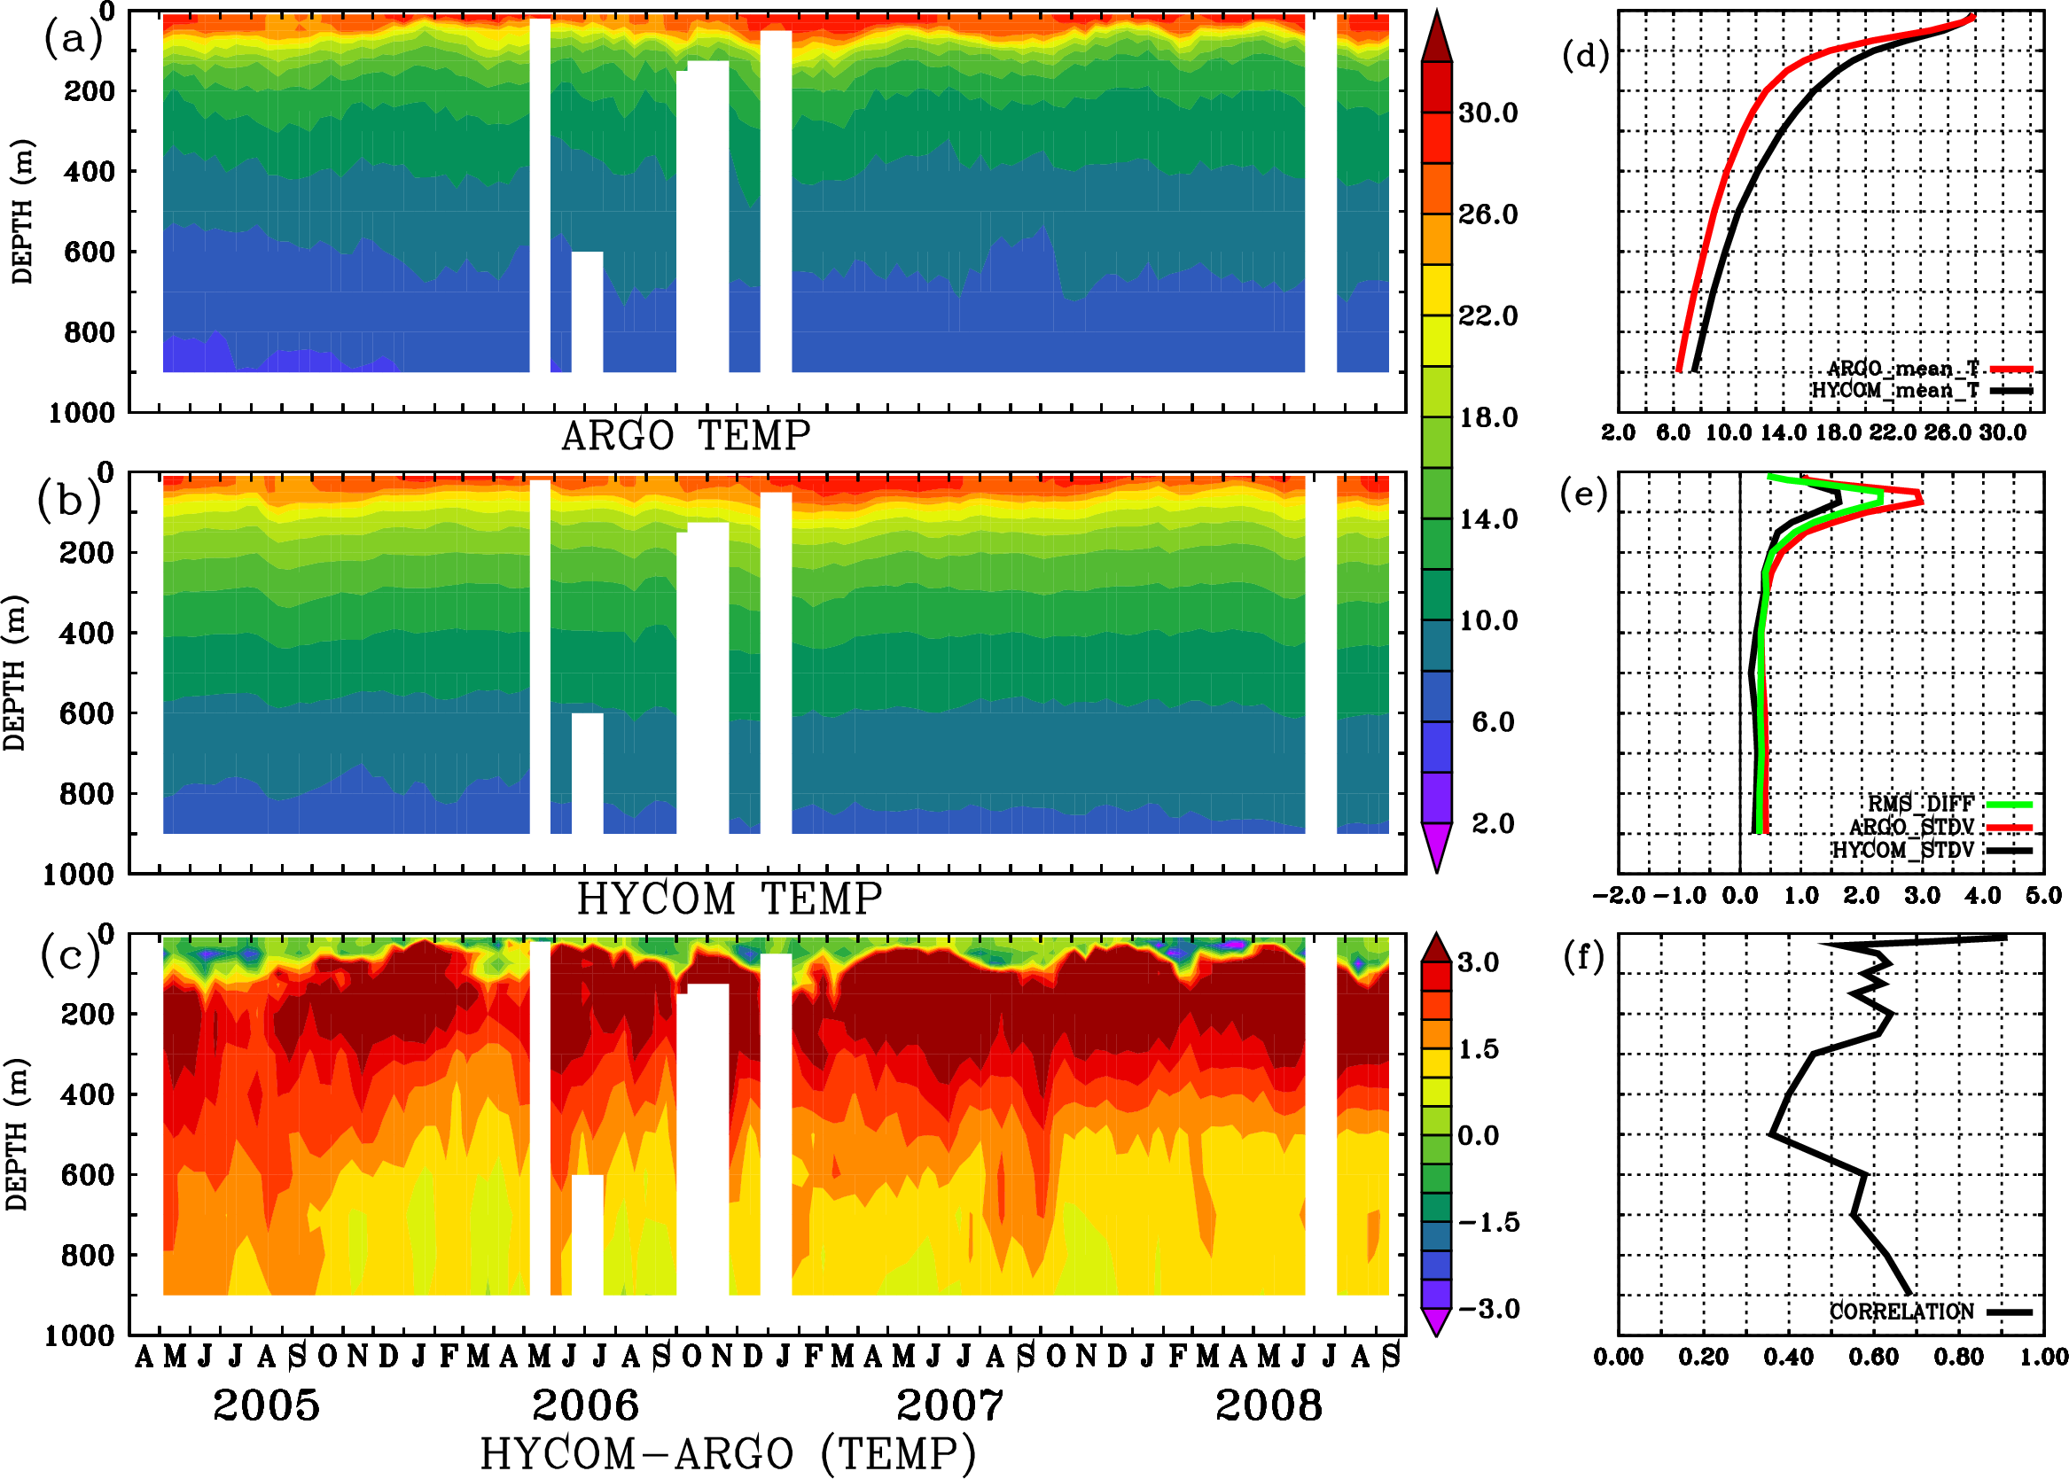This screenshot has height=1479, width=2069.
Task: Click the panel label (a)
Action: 72,38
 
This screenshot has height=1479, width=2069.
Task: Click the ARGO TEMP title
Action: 685,436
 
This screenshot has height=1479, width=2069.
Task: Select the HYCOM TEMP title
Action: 730,899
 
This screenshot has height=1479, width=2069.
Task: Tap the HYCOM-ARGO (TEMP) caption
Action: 728,1453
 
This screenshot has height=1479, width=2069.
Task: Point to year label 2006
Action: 585,1405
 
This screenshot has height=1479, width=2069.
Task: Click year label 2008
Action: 1269,1405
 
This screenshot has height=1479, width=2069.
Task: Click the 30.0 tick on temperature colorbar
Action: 1487,113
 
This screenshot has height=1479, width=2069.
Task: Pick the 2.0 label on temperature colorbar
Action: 1492,823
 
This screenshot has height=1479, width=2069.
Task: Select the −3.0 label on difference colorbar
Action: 1488,1309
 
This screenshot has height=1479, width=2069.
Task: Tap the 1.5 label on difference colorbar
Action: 1478,1049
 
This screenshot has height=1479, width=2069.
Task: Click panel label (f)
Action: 1583,957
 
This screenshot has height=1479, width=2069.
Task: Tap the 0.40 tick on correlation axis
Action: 1788,1357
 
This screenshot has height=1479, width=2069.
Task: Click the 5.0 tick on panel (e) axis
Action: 2043,895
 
